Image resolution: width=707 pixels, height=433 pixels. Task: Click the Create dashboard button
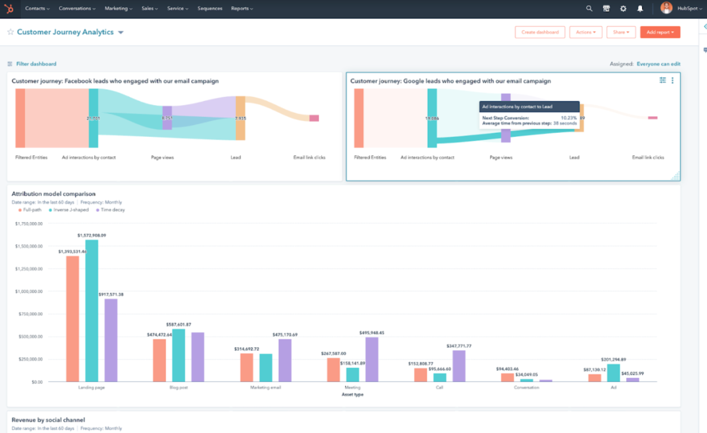pos(540,32)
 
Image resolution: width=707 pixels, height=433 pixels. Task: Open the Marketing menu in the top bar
pos(118,9)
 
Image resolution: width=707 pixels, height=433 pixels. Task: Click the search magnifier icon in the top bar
pos(589,9)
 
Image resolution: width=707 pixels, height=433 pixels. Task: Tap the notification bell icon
pos(640,9)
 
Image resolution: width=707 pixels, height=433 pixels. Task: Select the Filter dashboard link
pos(36,64)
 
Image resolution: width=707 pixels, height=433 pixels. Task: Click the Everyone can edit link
pos(658,64)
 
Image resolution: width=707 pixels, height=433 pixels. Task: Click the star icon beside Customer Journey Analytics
pos(10,32)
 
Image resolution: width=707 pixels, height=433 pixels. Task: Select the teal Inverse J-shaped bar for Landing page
pos(92,311)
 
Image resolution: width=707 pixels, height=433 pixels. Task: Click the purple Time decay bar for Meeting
pos(372,360)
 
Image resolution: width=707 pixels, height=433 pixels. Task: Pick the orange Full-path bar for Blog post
pos(159,360)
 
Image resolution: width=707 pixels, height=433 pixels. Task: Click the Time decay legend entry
pos(112,210)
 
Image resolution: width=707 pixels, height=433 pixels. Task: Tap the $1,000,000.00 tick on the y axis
pos(28,291)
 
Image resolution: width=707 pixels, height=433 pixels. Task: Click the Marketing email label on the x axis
pos(265,387)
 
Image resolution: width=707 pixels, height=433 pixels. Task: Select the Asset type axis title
pos(352,394)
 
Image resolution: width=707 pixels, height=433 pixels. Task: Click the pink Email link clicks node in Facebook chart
pos(314,118)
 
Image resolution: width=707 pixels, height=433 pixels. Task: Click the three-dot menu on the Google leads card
pos(672,81)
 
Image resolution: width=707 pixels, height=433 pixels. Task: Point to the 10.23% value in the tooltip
pos(568,118)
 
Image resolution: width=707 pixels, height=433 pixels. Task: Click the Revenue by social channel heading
pos(48,420)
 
